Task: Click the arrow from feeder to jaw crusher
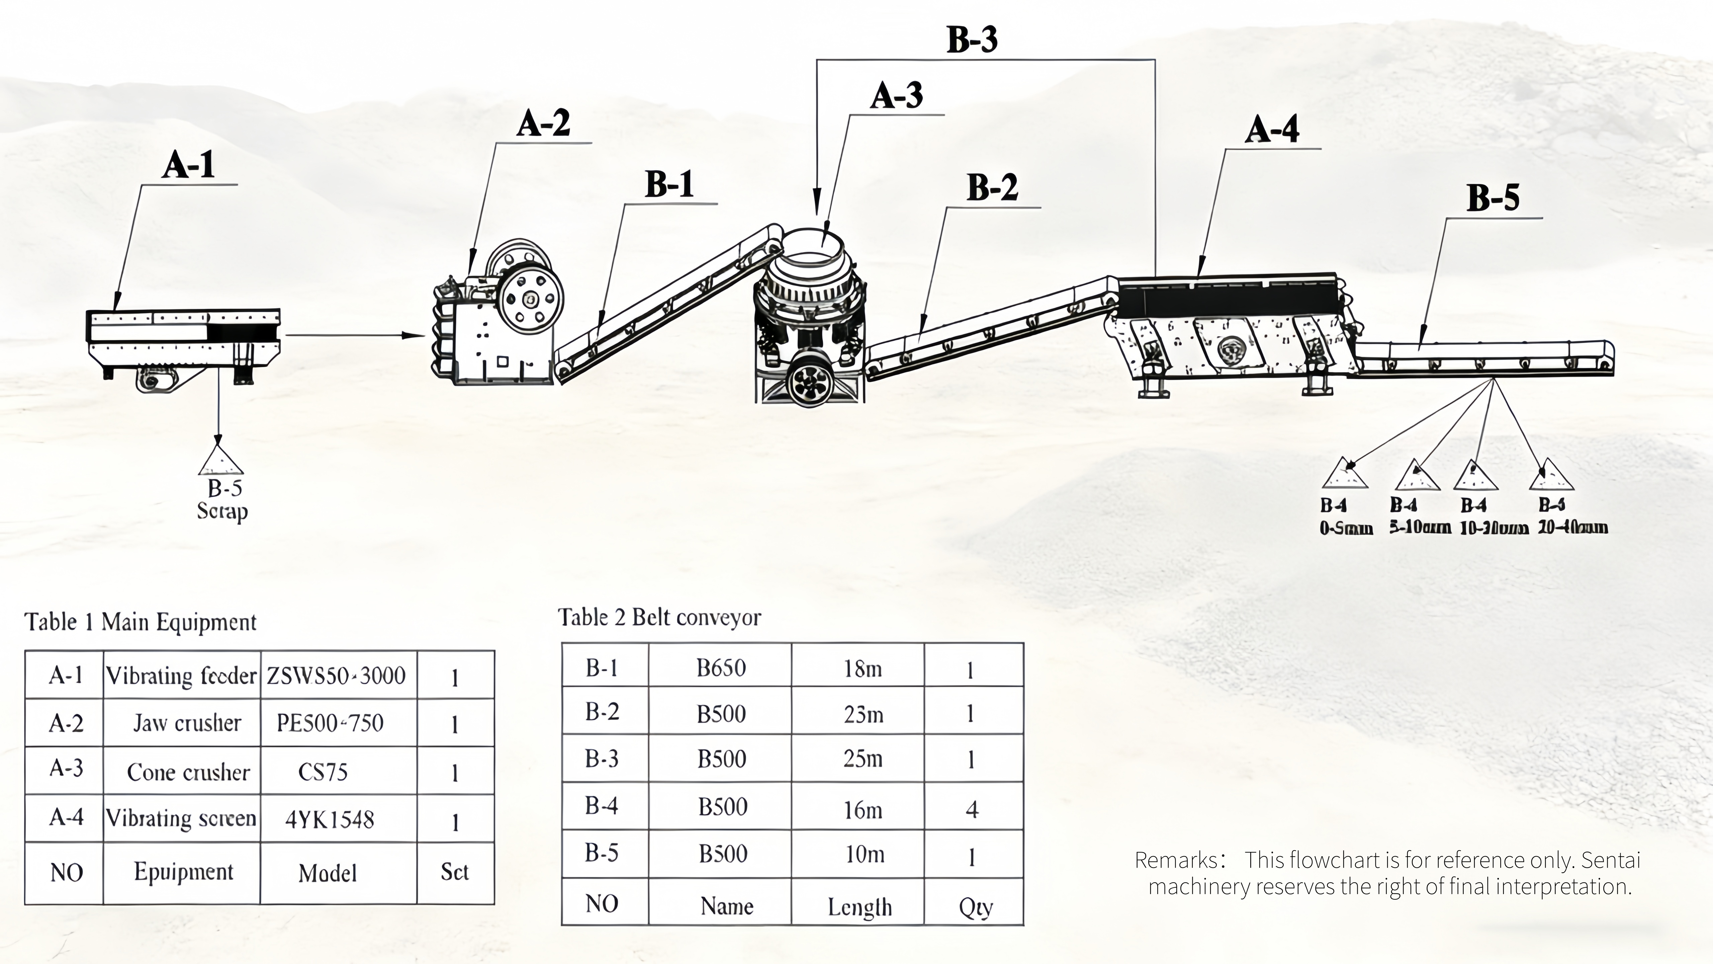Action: pos(352,335)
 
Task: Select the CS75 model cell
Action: pos(323,772)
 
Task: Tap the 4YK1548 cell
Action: pos(330,820)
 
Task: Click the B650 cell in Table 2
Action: pos(721,667)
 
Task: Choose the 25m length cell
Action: pos(863,758)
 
